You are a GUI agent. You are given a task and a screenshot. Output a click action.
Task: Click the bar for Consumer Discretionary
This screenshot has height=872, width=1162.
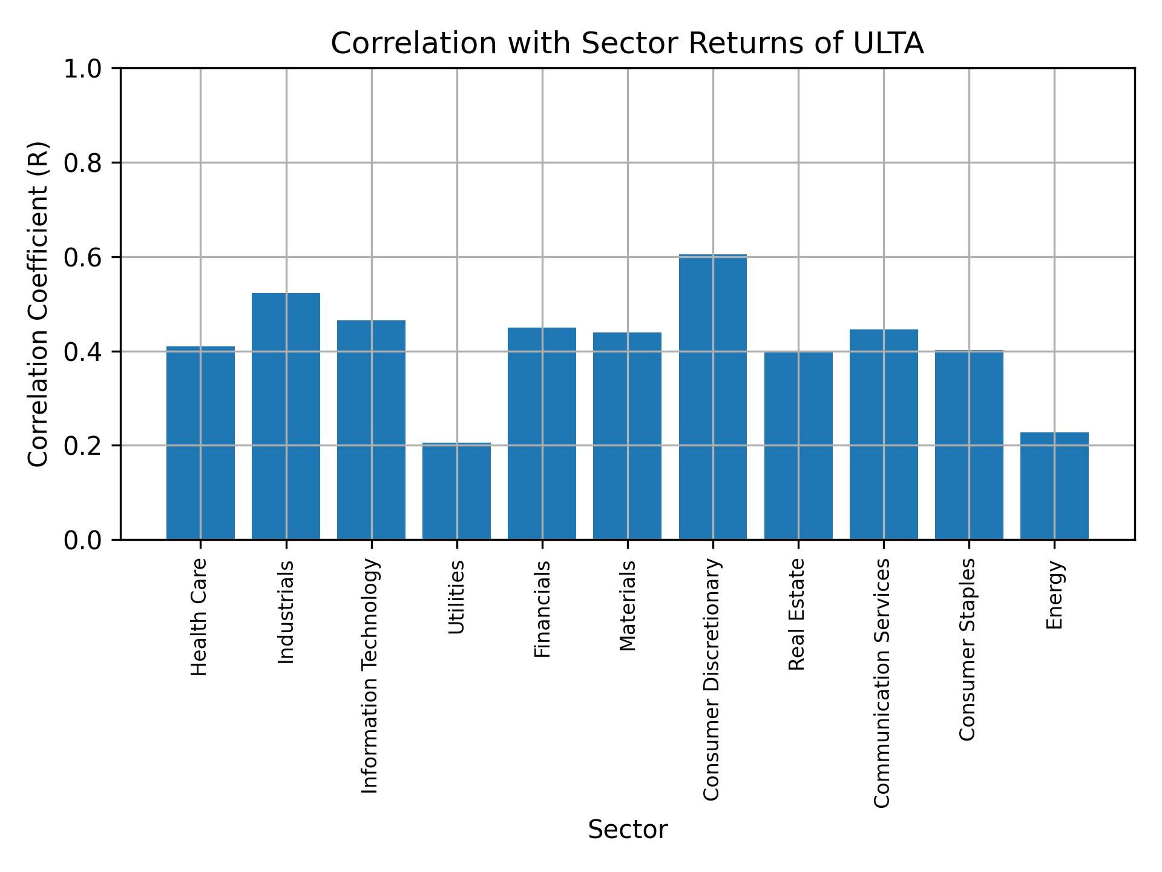pos(712,397)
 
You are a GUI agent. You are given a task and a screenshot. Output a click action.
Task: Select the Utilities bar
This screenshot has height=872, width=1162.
pos(456,491)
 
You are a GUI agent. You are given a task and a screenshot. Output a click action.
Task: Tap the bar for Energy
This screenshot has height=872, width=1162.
pos(1054,486)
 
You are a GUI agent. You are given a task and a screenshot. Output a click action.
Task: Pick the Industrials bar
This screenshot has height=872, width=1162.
pos(286,416)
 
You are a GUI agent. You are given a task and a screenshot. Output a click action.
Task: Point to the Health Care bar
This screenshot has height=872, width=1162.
pos(200,443)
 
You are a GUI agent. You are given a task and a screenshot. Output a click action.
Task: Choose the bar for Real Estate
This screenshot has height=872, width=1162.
pos(798,446)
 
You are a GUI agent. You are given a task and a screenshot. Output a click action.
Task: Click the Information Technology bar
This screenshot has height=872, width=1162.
pos(371,430)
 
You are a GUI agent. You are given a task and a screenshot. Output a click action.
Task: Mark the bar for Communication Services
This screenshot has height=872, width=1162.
pos(884,434)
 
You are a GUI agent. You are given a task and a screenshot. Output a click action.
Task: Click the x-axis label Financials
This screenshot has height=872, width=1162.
pos(542,609)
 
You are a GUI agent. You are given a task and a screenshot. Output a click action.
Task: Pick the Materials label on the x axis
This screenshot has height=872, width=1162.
pos(628,606)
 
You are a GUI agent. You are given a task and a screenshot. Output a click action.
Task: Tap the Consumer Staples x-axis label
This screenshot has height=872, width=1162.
pos(968,649)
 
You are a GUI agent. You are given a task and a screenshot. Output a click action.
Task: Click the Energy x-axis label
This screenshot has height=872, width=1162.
pos(1054,595)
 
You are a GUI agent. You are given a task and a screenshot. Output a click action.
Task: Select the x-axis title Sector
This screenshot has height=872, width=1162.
pos(628,830)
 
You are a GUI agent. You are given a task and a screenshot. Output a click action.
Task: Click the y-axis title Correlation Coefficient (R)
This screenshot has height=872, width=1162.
pos(38,304)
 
